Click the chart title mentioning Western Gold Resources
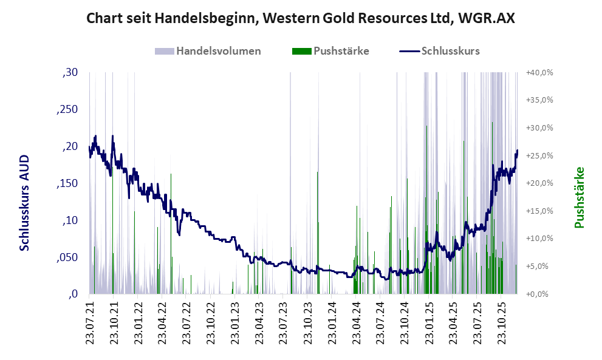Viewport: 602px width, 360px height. (301, 18)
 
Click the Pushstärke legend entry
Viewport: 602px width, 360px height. (341, 51)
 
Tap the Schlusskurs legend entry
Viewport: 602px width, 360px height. (450, 51)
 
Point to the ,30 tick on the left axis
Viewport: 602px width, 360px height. (70, 73)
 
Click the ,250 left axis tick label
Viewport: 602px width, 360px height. (67, 110)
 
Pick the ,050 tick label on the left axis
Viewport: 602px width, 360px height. (67, 257)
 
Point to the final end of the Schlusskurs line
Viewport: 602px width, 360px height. (518, 150)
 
